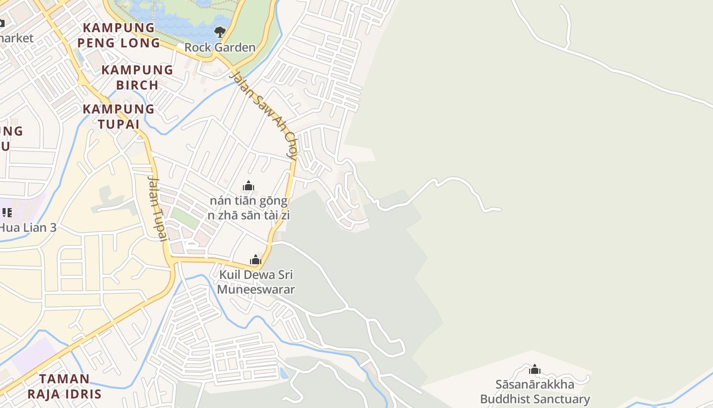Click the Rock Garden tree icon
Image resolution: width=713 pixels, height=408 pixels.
click(x=220, y=32)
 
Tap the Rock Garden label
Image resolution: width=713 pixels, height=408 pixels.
click(x=220, y=47)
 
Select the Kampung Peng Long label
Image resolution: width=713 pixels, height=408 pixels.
click(x=119, y=35)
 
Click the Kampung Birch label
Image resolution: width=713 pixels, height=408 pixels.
click(x=138, y=77)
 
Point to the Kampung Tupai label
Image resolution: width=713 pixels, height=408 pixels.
click(x=119, y=116)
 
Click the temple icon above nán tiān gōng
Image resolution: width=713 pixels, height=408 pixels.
click(x=249, y=186)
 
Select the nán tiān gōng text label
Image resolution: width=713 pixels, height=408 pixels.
click(x=249, y=201)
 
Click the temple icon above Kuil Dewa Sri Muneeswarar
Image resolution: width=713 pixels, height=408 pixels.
click(x=256, y=260)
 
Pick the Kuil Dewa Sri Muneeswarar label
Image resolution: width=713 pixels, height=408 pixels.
click(x=256, y=282)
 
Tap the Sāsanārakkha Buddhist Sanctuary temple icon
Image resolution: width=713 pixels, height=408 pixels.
click(x=535, y=369)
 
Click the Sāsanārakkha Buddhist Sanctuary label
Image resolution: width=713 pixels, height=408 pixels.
click(x=535, y=392)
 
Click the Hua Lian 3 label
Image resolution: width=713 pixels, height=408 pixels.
click(x=28, y=227)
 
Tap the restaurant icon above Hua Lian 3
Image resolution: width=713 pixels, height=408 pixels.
click(x=7, y=212)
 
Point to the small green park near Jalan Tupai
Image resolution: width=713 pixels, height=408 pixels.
click(x=184, y=218)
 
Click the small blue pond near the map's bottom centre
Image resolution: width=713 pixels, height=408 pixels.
click(x=284, y=373)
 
